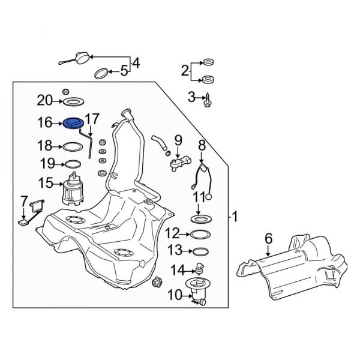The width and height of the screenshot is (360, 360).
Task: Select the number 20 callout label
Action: [x=45, y=100]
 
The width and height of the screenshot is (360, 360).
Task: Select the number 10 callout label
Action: [x=175, y=294]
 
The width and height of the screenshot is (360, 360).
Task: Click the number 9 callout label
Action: [x=178, y=140]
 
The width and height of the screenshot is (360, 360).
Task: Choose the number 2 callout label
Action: [x=185, y=71]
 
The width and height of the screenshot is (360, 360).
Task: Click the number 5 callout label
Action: [x=124, y=71]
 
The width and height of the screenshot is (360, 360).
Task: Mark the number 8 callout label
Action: [x=202, y=145]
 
